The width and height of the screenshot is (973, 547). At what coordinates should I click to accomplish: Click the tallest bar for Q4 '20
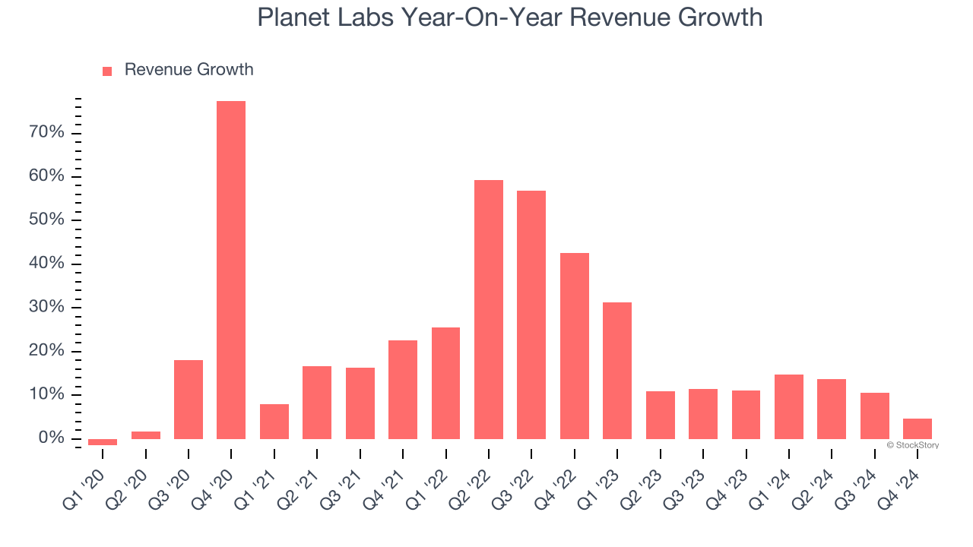[x=231, y=270]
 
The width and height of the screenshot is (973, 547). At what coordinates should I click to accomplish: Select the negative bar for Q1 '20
[x=103, y=442]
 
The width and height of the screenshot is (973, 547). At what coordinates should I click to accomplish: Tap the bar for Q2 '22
[x=489, y=309]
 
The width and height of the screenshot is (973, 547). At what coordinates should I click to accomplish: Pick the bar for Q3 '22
[x=531, y=315]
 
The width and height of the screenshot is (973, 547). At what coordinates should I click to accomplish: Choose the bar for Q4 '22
[x=575, y=346]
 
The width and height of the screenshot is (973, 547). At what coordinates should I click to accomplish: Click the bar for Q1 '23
[x=617, y=371]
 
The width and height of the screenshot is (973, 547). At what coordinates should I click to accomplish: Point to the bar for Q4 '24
[x=918, y=428]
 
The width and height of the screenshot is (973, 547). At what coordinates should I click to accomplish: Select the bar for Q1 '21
[x=274, y=422]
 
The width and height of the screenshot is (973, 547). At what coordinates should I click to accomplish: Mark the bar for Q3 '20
[x=189, y=400]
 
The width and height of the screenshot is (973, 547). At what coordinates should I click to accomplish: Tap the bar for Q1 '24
[x=789, y=406]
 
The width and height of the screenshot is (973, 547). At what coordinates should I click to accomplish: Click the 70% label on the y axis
[x=46, y=133]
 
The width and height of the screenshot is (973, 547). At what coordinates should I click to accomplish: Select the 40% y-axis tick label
[x=46, y=264]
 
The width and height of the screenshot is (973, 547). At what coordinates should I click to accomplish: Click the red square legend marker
[x=107, y=71]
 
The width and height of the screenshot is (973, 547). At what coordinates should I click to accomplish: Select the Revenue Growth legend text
[x=189, y=70]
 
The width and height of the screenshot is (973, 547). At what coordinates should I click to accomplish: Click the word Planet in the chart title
[x=293, y=17]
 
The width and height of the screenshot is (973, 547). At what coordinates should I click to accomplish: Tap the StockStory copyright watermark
[x=912, y=445]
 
